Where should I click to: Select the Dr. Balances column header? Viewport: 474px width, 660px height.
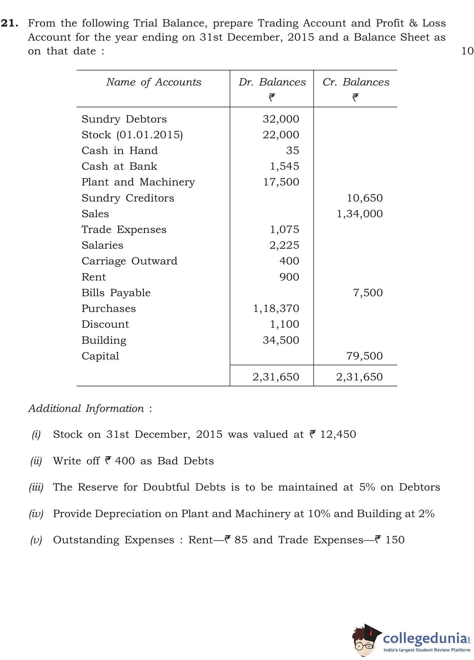272,82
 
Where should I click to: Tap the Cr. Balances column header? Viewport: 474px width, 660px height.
356,82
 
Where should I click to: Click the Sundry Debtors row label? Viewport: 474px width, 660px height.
124,119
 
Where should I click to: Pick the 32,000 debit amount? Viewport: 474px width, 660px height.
281,119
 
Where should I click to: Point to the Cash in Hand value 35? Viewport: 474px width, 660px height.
292,150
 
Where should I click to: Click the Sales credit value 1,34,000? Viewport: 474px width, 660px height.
360,214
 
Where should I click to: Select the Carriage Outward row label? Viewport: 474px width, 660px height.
129,261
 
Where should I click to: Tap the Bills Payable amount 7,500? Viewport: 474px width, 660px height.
367,293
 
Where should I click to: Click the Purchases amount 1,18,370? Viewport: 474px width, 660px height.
276,308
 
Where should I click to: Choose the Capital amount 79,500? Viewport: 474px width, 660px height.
364,356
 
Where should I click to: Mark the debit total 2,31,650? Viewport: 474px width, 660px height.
276,377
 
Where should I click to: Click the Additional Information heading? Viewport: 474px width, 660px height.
86,408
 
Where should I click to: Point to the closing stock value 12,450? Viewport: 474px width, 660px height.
338,434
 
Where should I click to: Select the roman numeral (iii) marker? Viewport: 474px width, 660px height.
36,487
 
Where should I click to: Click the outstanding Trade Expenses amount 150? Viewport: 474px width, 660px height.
395,540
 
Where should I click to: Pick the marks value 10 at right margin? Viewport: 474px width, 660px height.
467,51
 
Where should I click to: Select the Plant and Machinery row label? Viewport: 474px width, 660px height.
138,182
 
